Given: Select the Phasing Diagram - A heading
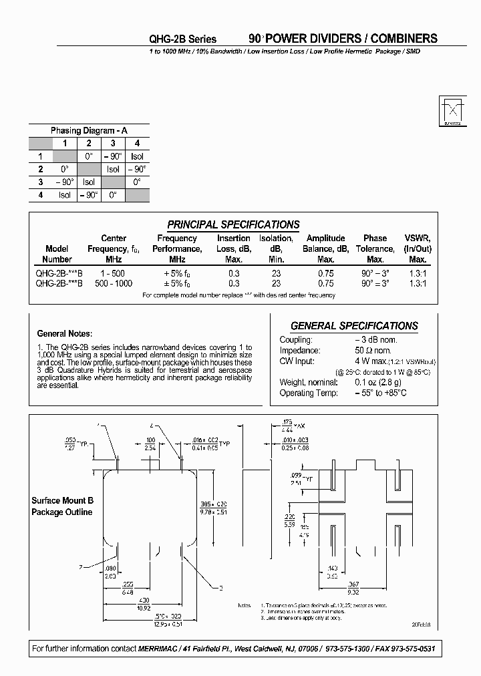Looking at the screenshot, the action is coord(89,130).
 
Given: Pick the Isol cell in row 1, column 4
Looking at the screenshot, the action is coord(138,156).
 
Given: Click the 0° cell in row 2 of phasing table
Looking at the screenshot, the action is coord(65,169).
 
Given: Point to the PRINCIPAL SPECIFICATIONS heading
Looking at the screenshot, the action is coord(233,224).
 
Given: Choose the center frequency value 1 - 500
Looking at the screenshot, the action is coord(113,273).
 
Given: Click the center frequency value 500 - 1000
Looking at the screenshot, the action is coord(113,283).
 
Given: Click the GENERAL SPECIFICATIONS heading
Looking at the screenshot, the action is coord(355,326).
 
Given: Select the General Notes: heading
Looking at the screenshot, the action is coord(65,333).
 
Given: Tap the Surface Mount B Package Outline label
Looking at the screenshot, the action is coord(63,506).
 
